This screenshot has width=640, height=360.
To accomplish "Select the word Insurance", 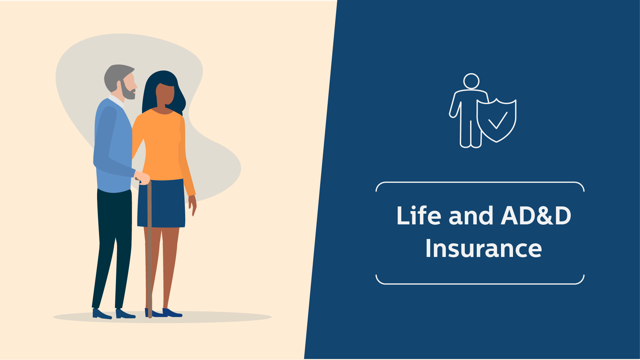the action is [484, 248].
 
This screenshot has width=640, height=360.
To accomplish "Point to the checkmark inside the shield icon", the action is [498, 120].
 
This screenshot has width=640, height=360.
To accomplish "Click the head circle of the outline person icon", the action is [471, 81].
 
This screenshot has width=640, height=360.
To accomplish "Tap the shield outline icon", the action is [496, 120].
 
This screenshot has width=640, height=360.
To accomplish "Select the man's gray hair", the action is [116, 76].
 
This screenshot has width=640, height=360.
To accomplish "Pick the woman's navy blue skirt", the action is [161, 203].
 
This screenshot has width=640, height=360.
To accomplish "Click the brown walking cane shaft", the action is [150, 249].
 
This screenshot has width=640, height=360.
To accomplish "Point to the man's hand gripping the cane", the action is [142, 178].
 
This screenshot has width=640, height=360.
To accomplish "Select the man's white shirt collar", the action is [116, 100].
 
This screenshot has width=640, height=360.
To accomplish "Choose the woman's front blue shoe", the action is [172, 313].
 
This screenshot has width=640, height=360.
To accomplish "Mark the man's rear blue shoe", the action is [101, 314].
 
